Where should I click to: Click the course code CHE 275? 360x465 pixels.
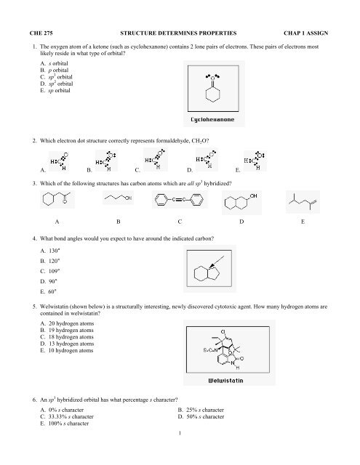tap(39, 33)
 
